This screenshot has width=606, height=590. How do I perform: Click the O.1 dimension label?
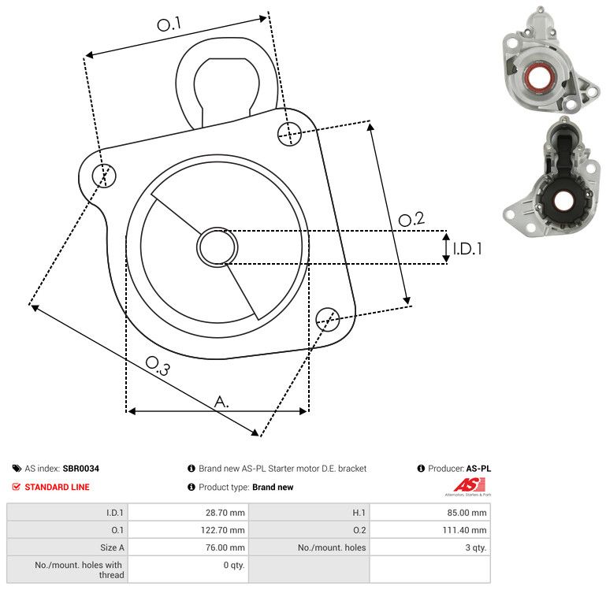click(169, 24)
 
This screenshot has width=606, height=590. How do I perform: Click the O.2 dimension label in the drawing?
click(411, 219)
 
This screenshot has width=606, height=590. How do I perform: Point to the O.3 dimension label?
click(158, 366)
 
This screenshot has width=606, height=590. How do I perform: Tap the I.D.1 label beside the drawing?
click(467, 249)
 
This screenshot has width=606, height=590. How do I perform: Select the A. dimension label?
click(221, 402)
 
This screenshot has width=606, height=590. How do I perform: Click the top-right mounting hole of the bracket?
click(289, 134)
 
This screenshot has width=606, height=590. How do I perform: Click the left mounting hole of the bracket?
click(104, 176)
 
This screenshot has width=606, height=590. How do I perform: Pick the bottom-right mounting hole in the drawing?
click(328, 319)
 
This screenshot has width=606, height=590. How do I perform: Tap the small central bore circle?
click(217, 247)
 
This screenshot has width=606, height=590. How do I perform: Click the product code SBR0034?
click(81, 468)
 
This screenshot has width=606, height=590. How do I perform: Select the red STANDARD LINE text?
click(57, 487)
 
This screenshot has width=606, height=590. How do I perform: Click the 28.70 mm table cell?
click(188, 512)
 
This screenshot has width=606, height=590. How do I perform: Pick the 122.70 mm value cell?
click(188, 529)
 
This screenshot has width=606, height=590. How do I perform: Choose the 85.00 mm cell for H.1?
click(430, 512)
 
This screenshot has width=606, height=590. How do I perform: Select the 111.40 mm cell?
click(430, 529)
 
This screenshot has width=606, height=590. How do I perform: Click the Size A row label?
click(112, 547)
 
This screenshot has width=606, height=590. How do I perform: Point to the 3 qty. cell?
click(430, 547)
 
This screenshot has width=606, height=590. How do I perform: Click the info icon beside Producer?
click(421, 468)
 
